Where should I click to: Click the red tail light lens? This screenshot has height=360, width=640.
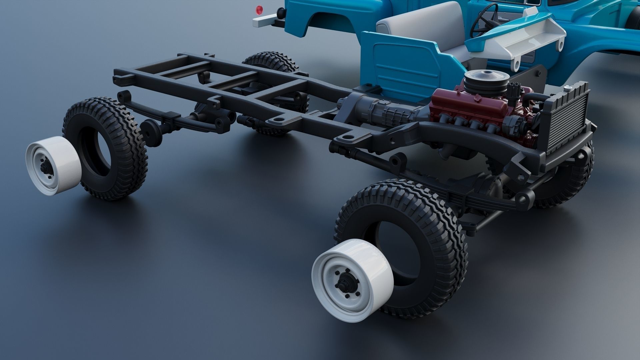[x=257, y=9]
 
